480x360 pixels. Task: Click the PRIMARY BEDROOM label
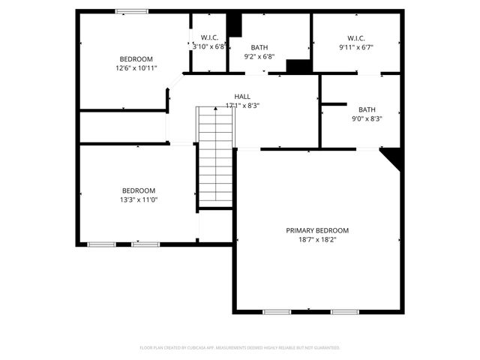pos(317,230)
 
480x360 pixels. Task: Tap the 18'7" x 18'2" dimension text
pos(317,240)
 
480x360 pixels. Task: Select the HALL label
pos(242,96)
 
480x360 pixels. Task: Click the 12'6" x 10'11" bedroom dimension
pos(136,68)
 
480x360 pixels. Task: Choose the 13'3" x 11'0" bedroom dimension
pos(139,199)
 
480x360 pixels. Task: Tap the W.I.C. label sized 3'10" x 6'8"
pos(209,37)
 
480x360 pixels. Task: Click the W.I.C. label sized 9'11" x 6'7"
pos(355,37)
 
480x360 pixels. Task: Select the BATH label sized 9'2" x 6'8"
pos(259,46)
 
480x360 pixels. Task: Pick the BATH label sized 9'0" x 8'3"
pos(367,109)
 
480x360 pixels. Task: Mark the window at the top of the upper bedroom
pos(131,10)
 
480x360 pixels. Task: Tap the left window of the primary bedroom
pos(276,311)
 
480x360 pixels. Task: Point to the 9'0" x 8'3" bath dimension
pos(367,118)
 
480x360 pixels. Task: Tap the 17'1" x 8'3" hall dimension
pos(242,106)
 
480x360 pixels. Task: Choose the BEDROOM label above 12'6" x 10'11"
pos(136,59)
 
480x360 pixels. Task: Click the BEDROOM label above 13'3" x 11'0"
pos(139,190)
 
